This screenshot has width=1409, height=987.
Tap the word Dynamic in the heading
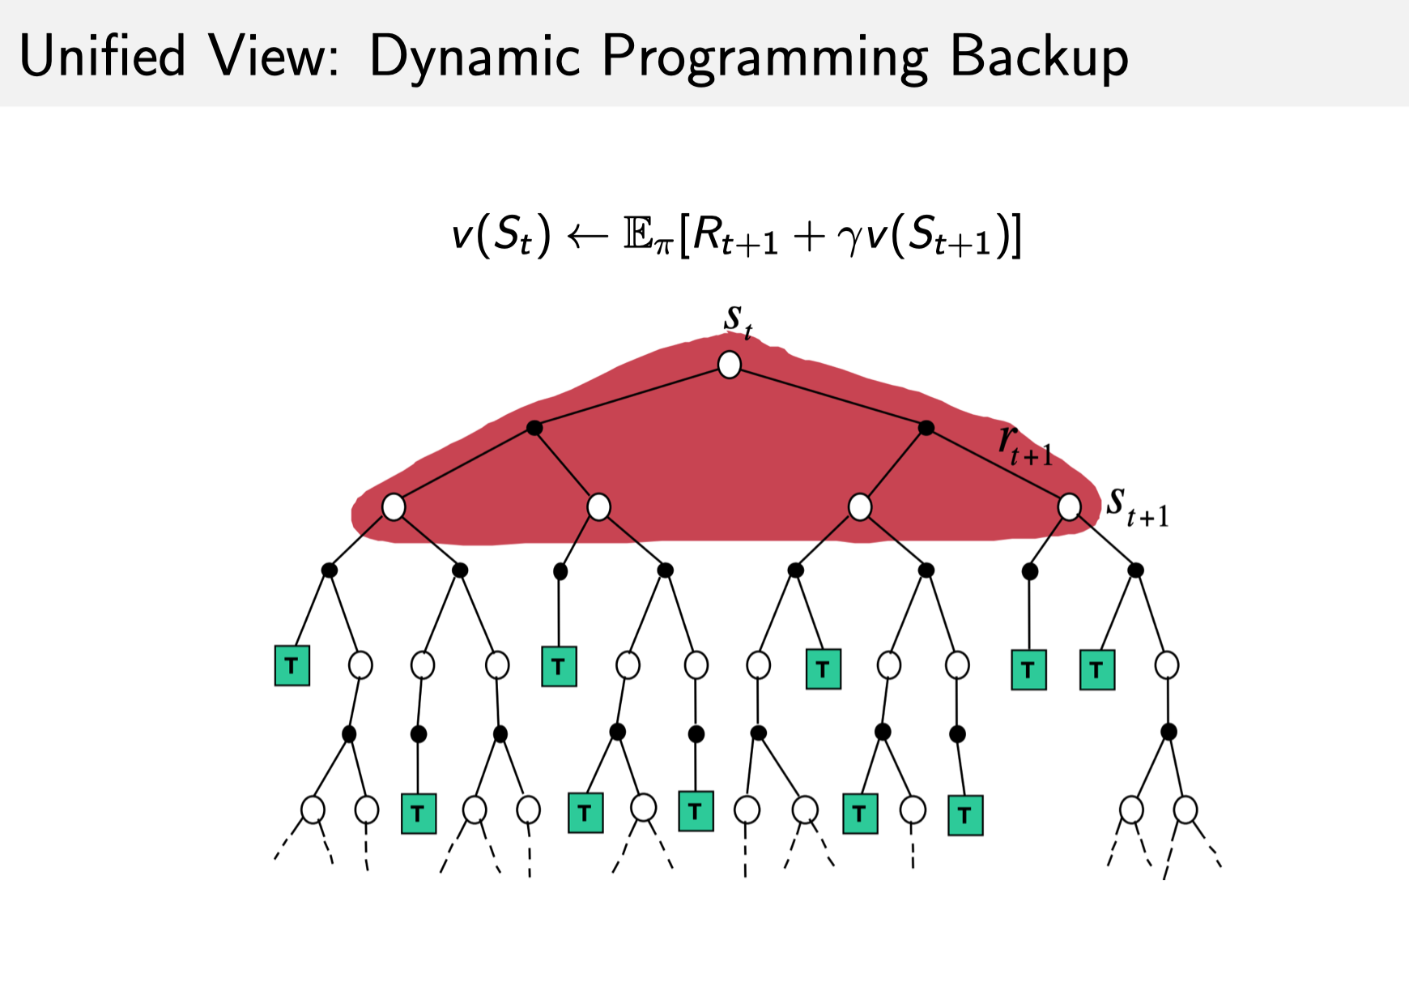[475, 57]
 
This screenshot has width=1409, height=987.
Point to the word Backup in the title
[1039, 57]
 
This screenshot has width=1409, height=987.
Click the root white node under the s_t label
[730, 365]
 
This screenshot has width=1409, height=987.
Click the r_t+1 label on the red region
[1024, 446]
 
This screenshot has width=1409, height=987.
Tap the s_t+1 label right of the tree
[1137, 507]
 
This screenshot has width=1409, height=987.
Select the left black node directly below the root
[534, 428]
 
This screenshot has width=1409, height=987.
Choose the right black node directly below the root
[926, 428]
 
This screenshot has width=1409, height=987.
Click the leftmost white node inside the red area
[394, 507]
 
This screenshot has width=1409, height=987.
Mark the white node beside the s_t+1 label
[1069, 507]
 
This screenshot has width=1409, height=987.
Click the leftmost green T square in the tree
[292, 666]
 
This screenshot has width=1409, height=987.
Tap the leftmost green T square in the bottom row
[419, 814]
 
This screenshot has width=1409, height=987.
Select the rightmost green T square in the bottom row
[965, 815]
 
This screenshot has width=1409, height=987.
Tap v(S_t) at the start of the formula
[500, 236]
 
